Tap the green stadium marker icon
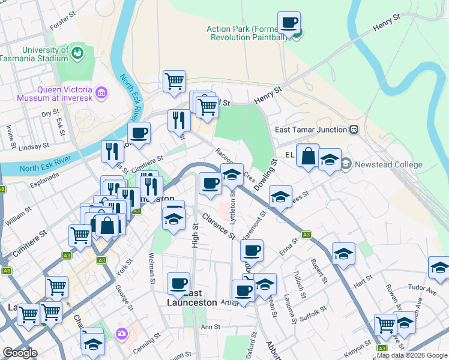77,55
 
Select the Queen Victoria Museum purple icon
101,93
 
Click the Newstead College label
390,164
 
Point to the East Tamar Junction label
311,130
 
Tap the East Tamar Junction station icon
354,130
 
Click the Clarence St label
218,226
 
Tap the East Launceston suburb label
191,298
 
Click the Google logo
20,353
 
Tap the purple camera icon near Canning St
122,334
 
